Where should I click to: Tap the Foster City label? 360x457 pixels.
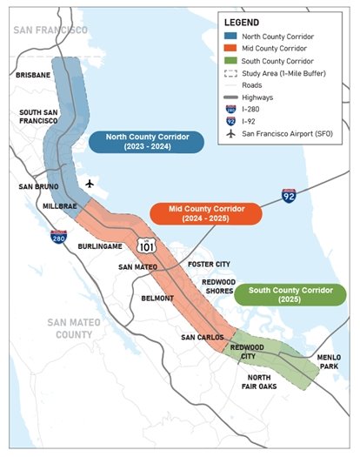click(x=208, y=263)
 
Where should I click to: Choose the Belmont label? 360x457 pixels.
click(x=157, y=298)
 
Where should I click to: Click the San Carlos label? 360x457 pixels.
click(x=201, y=336)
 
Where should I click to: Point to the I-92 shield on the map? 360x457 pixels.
click(x=289, y=195)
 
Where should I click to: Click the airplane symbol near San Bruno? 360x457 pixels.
click(x=90, y=184)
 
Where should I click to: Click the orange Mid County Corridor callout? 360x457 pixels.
click(x=205, y=214)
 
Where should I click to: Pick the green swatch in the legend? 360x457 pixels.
click(x=230, y=62)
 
